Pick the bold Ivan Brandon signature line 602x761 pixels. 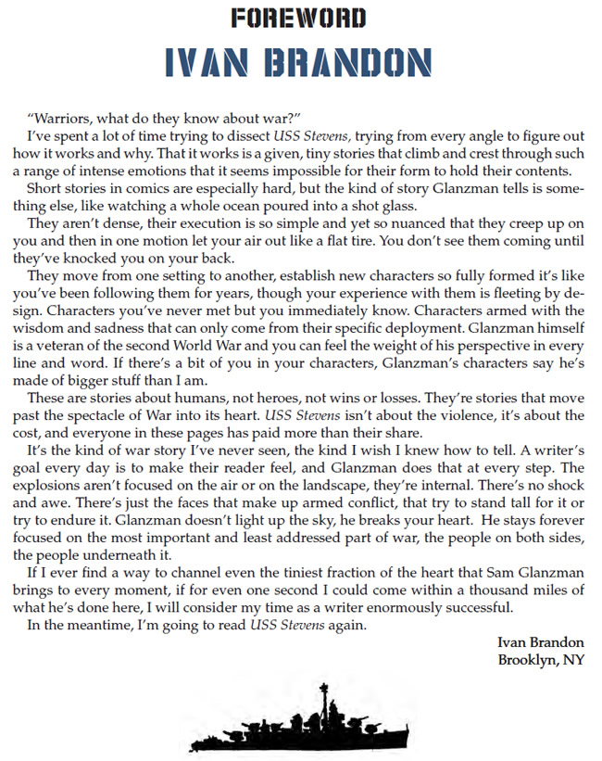coord(539,642)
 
